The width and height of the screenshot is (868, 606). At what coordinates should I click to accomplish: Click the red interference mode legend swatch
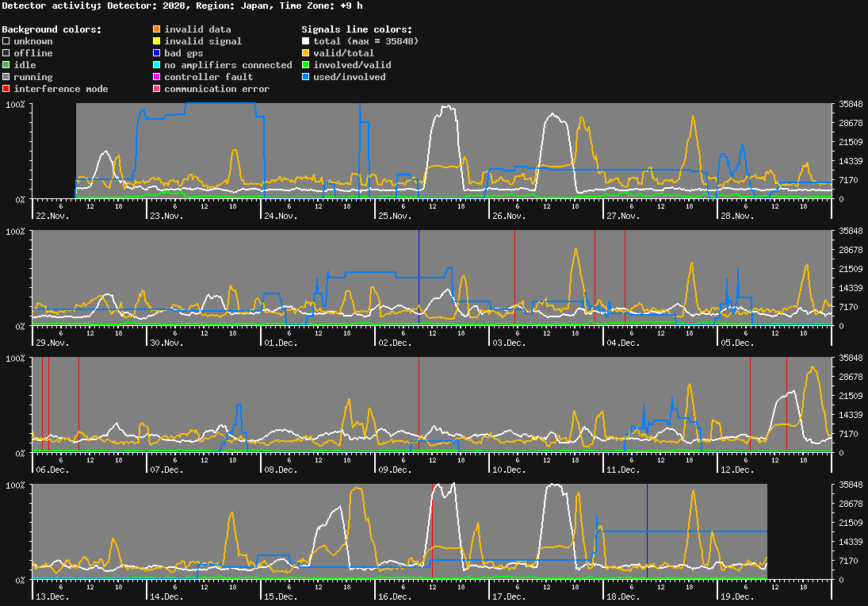(x=6, y=89)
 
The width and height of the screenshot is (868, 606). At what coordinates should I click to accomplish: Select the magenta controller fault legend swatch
(x=157, y=77)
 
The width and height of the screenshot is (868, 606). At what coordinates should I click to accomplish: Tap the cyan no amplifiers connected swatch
(x=157, y=65)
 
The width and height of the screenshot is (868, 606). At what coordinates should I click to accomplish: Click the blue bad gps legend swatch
(x=157, y=53)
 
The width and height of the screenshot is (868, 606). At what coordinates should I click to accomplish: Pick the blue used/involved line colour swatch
(x=305, y=77)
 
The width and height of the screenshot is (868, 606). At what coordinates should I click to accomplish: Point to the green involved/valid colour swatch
(x=305, y=65)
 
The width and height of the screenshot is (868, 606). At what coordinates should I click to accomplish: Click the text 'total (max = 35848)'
(x=366, y=41)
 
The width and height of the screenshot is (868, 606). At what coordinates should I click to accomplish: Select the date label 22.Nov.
(x=52, y=216)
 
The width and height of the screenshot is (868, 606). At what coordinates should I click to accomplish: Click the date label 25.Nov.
(x=395, y=216)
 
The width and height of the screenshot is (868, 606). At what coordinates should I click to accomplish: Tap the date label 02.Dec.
(x=395, y=343)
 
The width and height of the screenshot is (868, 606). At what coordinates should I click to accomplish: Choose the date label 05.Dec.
(x=737, y=343)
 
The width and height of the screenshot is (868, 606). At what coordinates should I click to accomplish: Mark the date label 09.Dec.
(x=395, y=470)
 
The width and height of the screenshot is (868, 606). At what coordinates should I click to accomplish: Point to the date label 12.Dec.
(x=737, y=470)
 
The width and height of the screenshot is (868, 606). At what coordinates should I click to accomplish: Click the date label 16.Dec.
(x=395, y=596)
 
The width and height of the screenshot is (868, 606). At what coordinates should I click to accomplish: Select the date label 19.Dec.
(x=737, y=596)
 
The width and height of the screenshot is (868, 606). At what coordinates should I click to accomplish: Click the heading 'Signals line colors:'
(x=357, y=29)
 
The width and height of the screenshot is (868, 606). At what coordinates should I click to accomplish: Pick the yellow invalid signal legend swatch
(x=157, y=41)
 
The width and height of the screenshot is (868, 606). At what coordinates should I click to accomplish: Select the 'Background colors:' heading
(x=52, y=29)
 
